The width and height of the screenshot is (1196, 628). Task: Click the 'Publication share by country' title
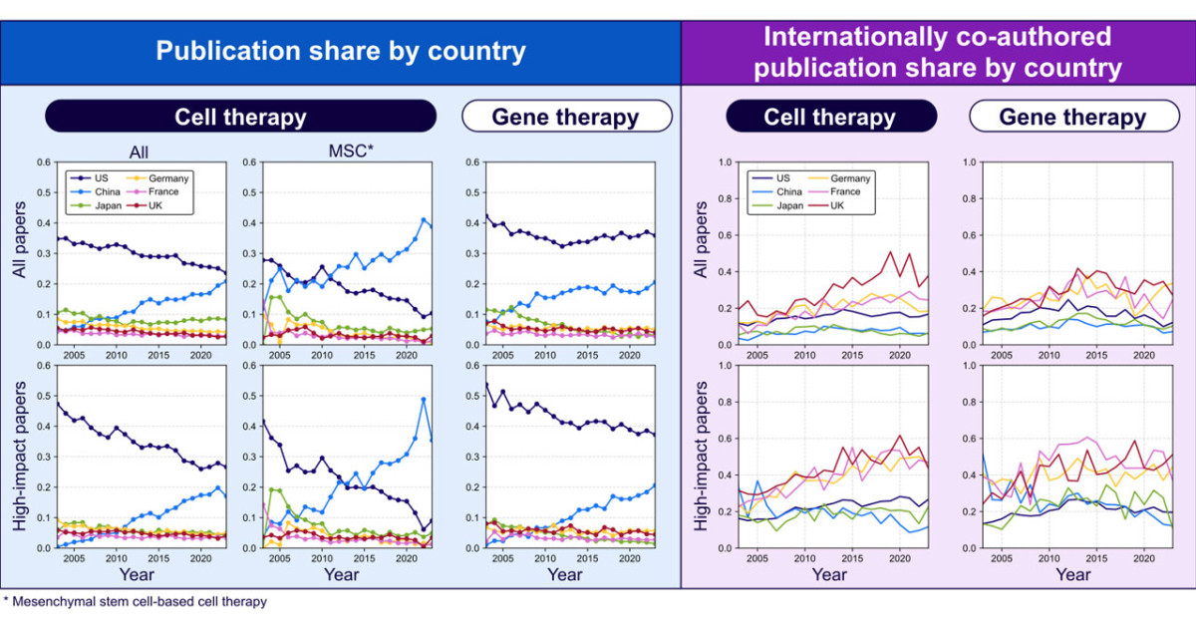pos(340,51)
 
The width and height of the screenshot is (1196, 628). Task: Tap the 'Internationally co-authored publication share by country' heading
pos(937,53)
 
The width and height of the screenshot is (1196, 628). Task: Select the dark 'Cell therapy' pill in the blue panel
pos(240,117)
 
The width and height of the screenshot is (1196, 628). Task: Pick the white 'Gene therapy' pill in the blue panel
pos(565,117)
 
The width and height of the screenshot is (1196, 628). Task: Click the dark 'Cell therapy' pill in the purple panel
pos(829,117)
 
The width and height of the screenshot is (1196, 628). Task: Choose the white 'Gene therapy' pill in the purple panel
pos(1072,117)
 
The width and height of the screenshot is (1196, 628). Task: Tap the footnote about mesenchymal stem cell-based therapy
pos(136,602)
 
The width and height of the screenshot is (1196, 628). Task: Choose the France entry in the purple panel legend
pos(847,191)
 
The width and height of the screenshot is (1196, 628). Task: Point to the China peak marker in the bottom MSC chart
pos(423,400)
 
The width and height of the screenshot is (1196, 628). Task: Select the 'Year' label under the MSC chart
pos(341,575)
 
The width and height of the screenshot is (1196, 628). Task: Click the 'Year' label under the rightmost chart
pos(1072,575)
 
